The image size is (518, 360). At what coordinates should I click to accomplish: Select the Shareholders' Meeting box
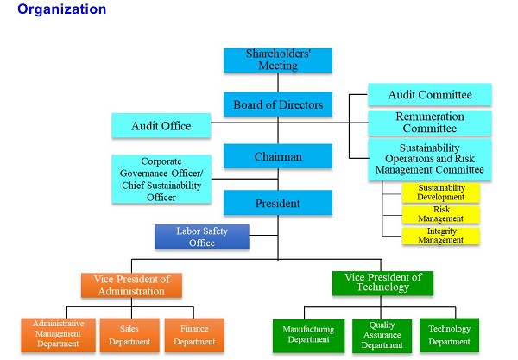(277, 60)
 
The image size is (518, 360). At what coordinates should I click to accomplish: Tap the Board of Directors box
(277, 105)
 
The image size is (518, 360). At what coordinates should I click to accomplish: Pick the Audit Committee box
(430, 94)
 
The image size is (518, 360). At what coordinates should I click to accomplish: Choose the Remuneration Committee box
(430, 123)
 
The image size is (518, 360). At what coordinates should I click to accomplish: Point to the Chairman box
(277, 156)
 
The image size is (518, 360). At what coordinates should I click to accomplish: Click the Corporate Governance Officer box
(162, 179)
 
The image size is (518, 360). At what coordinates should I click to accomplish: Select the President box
(277, 204)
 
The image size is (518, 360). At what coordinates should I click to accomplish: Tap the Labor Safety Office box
(202, 237)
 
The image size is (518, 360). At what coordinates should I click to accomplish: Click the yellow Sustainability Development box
(440, 192)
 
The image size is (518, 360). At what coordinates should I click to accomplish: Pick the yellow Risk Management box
(440, 213)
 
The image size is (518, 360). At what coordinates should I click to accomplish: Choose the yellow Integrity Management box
(440, 235)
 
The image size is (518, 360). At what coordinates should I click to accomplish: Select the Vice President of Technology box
(382, 282)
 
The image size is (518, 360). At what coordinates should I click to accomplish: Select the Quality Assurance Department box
(382, 335)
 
